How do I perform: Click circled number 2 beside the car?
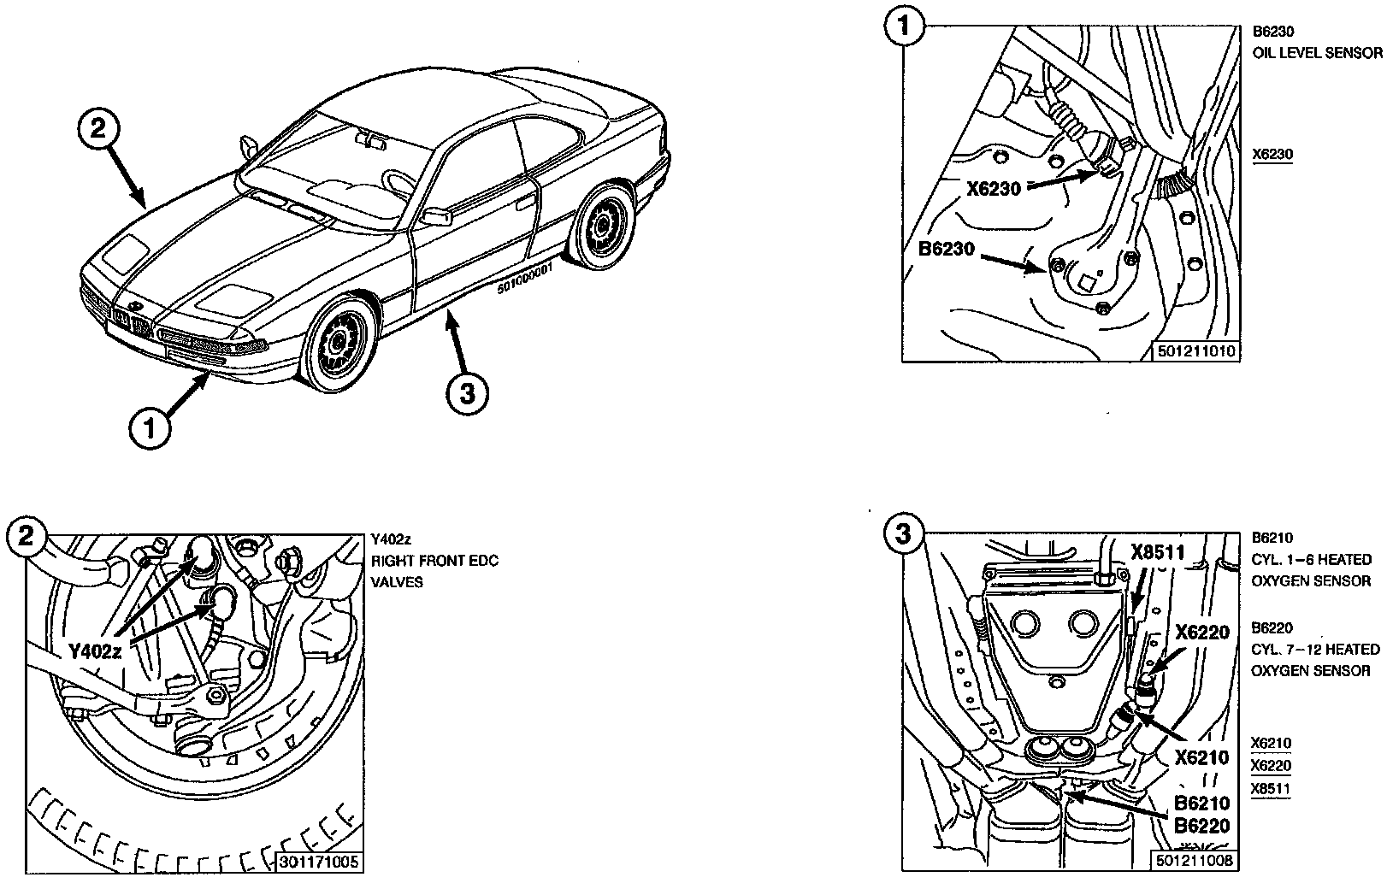point(99,131)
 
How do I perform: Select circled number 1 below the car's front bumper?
point(151,427)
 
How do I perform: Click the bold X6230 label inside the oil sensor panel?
point(994,189)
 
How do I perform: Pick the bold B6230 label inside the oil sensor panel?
point(947,250)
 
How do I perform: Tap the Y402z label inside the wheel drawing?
point(96,652)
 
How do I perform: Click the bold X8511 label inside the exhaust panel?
point(1158,552)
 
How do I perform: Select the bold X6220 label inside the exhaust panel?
point(1201,633)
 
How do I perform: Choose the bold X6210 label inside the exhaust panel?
point(1201,757)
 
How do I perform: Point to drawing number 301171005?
point(320,863)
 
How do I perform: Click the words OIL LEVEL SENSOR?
point(1317,53)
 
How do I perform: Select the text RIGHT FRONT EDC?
point(434,561)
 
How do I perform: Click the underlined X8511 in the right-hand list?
point(1271,789)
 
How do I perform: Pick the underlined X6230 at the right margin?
point(1272,155)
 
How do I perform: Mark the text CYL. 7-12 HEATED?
point(1315,650)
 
